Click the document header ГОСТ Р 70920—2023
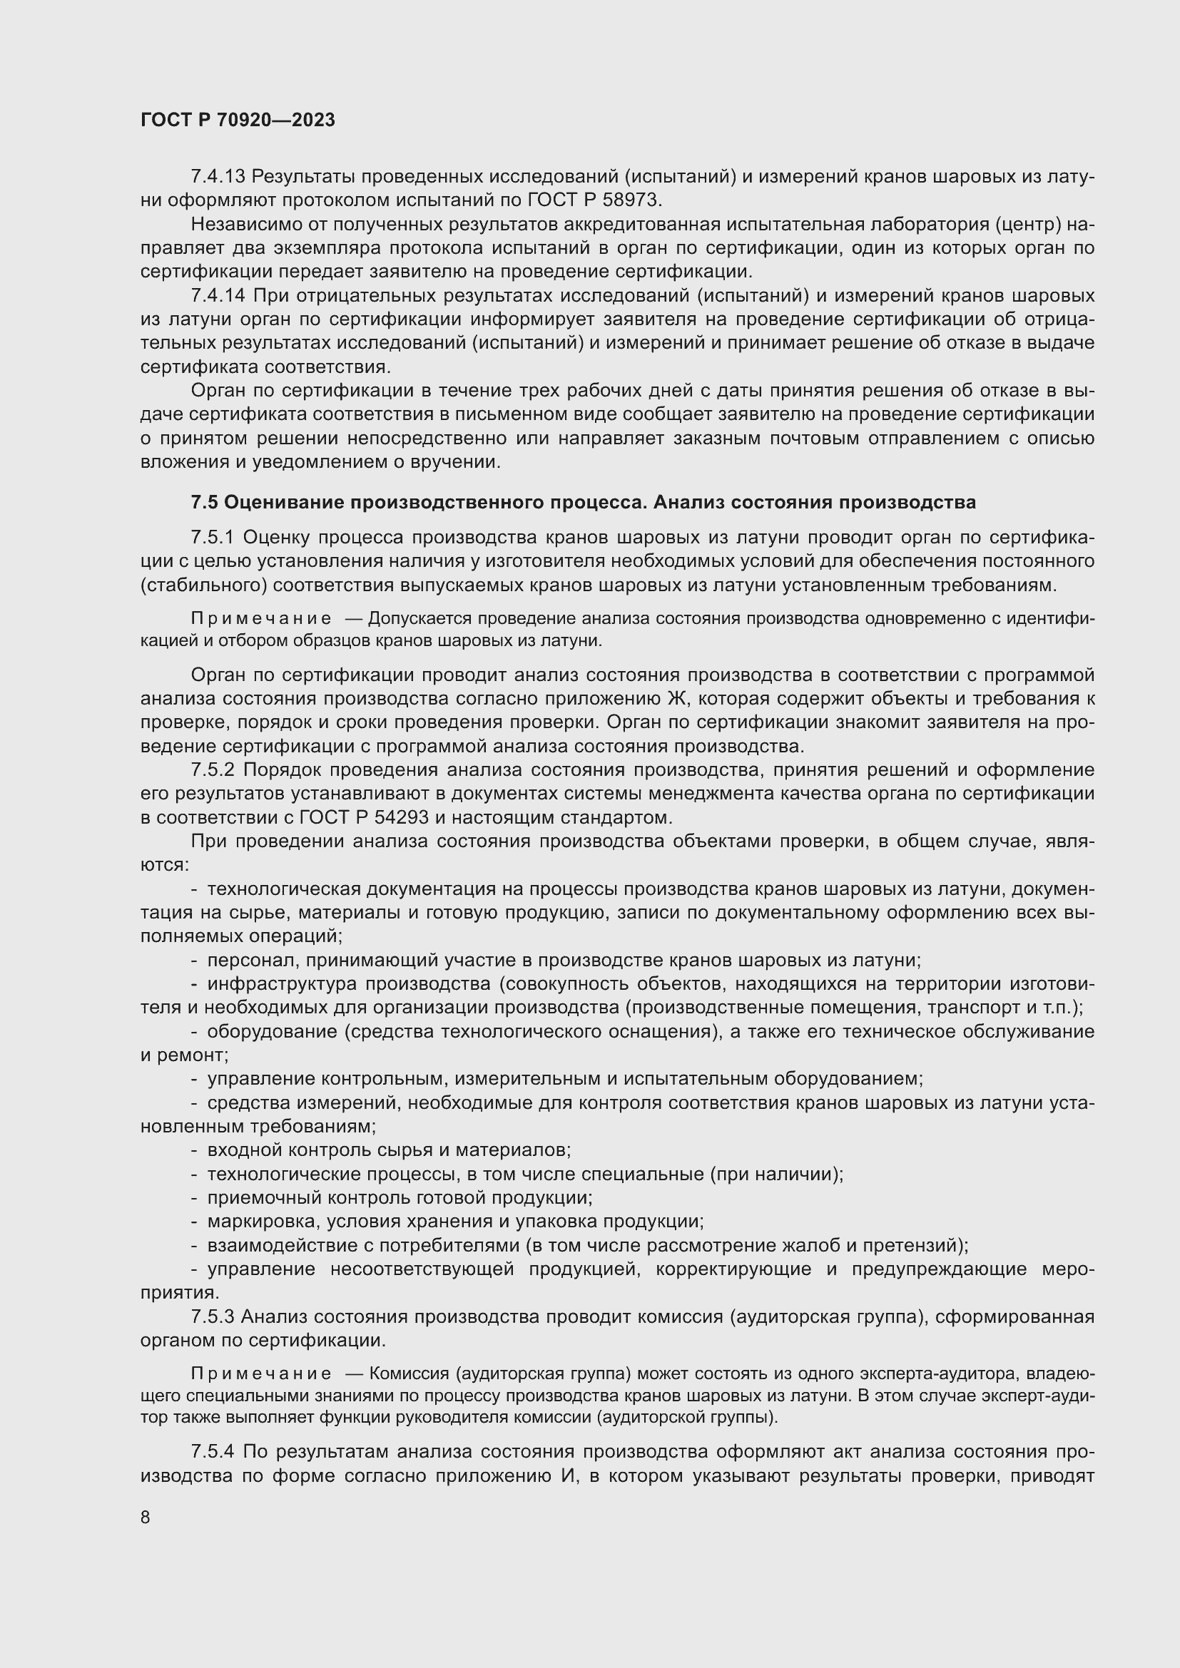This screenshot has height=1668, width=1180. point(238,120)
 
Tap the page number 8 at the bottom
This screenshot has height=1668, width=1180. point(146,1516)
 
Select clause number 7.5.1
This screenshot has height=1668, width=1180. point(212,537)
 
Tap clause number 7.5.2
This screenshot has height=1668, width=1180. point(213,769)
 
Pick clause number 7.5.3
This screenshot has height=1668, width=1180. point(212,1316)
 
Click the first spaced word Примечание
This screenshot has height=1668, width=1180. point(261,619)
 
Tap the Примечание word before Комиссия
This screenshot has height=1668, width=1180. point(261,1373)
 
